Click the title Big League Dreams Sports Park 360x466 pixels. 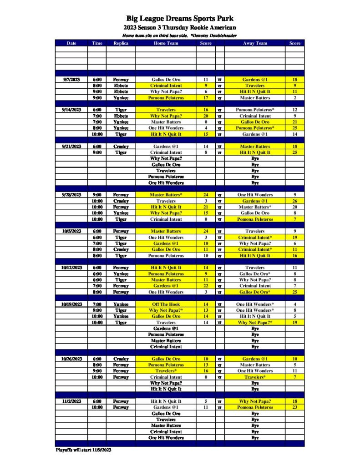click(180, 19)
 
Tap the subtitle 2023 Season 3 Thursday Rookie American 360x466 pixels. click(180, 28)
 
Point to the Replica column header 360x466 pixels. click(121, 43)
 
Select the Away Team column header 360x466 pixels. click(255, 43)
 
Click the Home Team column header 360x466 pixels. click(166, 43)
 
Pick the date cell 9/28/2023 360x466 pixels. click(71, 195)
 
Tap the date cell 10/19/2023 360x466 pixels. click(71, 304)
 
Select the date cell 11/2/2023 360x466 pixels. click(71, 401)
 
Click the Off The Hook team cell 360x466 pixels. click(166, 304)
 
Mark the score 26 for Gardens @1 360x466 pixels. click(294, 201)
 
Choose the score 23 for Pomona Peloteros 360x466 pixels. click(294, 407)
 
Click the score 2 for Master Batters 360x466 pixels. click(294, 98)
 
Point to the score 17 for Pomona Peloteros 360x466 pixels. click(206, 98)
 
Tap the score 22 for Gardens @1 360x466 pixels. click(206, 286)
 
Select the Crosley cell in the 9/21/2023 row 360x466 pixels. click(121, 147)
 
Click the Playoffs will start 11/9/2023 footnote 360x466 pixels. click(83, 450)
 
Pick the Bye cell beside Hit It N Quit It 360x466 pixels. click(255, 389)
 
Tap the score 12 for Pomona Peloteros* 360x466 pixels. click(294, 110)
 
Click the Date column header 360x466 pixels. click(71, 43)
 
